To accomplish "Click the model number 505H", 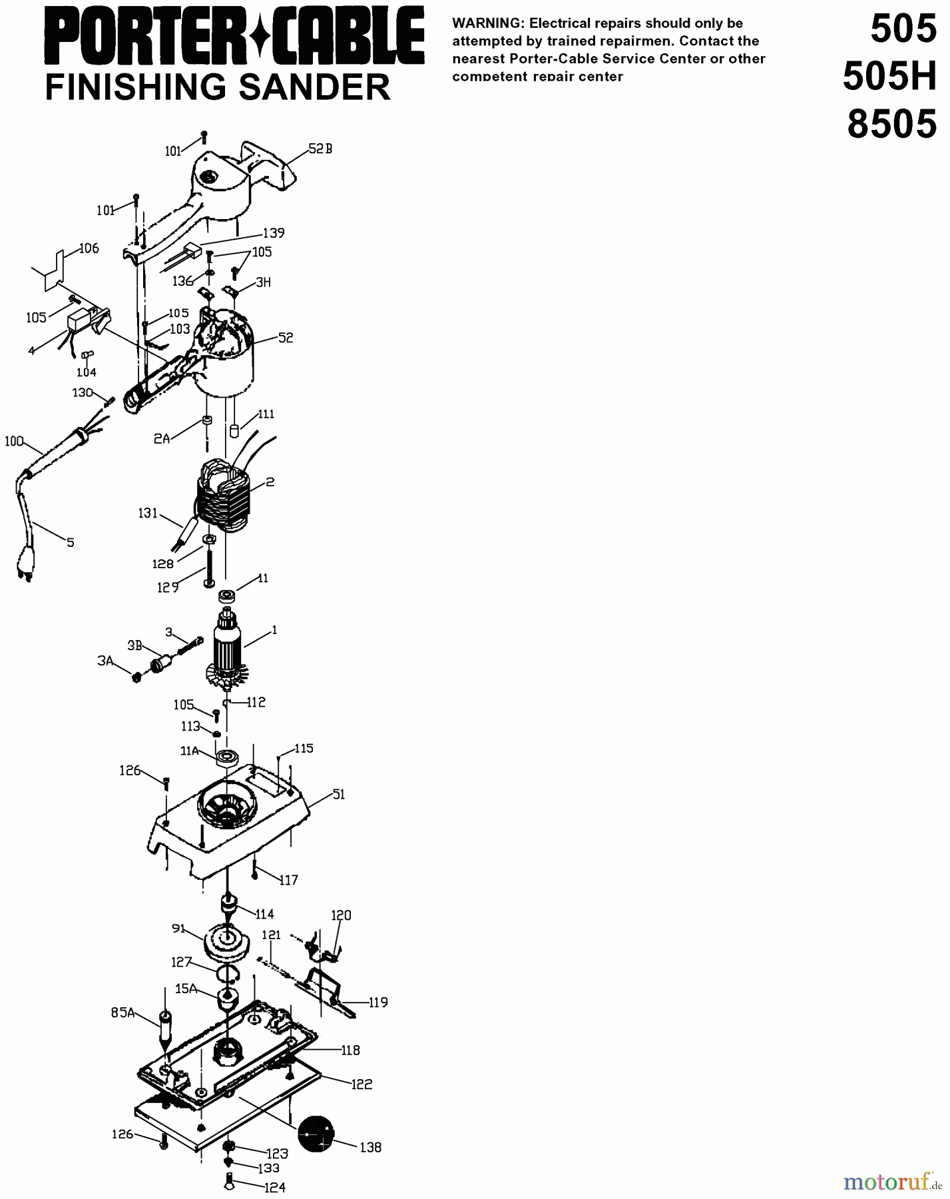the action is click(889, 78).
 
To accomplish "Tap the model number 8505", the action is click(892, 125).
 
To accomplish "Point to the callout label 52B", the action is click(320, 149).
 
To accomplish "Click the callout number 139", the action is click(274, 233).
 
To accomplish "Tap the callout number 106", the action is click(89, 248).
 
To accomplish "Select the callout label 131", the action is click(148, 513).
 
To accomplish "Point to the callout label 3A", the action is click(105, 661).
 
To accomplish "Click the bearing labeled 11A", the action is click(228, 757).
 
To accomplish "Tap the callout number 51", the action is click(339, 795).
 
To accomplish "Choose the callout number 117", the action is click(288, 880).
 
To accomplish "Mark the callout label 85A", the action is click(122, 1013).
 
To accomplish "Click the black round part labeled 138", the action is click(316, 1133).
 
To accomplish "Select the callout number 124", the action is click(275, 1187).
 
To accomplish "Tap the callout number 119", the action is click(378, 1002).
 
